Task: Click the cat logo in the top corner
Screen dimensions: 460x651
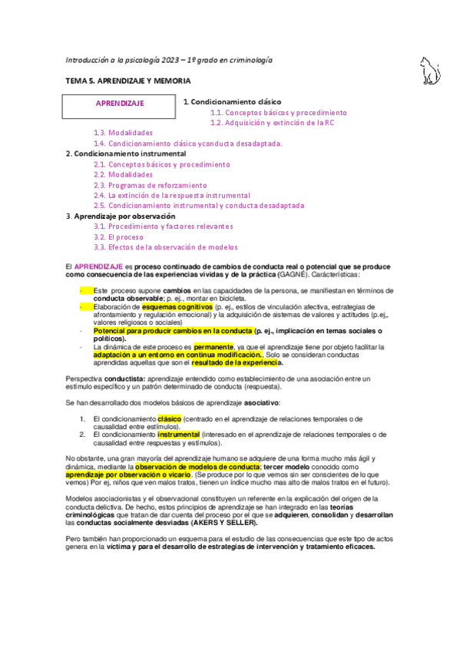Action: (429, 70)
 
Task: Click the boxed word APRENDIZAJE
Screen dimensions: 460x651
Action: (120, 103)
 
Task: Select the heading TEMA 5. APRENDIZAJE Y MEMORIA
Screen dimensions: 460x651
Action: (128, 81)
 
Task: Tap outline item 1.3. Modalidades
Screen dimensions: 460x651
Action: (123, 133)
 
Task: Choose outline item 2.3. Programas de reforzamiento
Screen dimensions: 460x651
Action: (150, 185)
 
